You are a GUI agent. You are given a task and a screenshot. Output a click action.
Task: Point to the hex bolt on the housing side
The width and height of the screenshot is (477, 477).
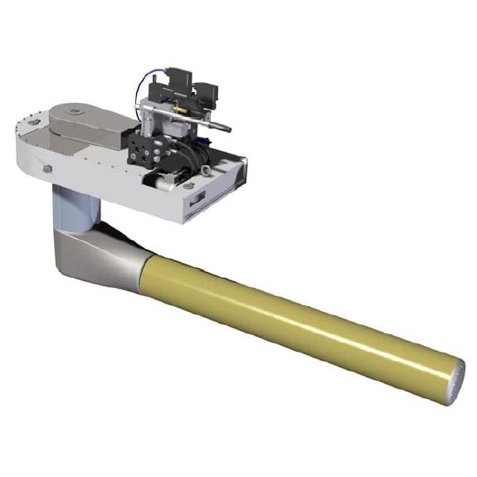click(x=48, y=169)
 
